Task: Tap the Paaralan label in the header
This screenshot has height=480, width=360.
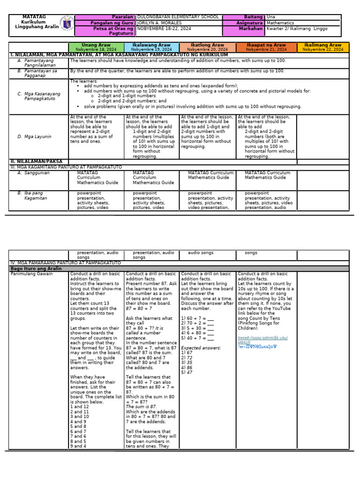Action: [x=123, y=17]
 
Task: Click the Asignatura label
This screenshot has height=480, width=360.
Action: [x=249, y=22]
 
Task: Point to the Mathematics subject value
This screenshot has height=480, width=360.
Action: [x=280, y=22]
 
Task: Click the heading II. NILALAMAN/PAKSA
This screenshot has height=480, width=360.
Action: [x=36, y=161]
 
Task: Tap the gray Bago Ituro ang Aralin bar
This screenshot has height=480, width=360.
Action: [x=180, y=269]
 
